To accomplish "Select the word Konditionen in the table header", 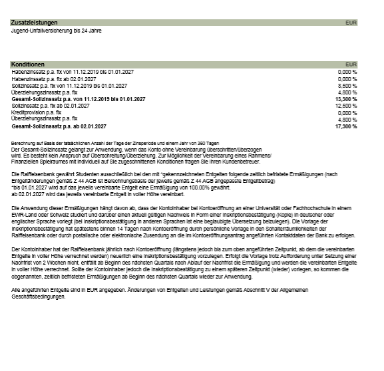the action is point(28,64).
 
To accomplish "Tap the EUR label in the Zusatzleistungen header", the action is point(351,23).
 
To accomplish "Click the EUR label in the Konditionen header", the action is point(351,64).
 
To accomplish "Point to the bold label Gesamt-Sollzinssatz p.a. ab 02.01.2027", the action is point(59,126).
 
